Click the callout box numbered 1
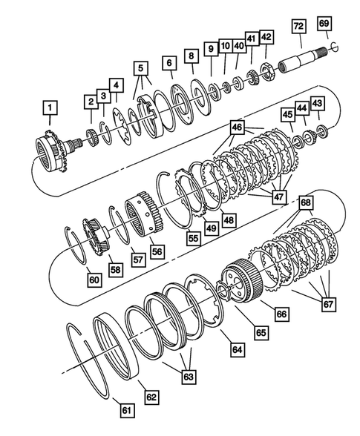coord(50,113)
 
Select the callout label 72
coord(298,27)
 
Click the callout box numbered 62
coord(151,398)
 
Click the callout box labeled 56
coord(157,251)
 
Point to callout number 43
coord(318,102)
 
